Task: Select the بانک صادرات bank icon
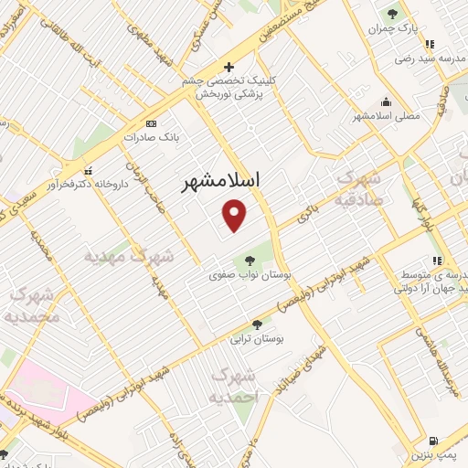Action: click(151, 123)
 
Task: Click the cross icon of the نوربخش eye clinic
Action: click(229, 67)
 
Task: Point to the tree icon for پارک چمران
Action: click(392, 13)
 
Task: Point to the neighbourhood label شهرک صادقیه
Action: click(357, 187)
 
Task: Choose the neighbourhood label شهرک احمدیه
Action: click(234, 386)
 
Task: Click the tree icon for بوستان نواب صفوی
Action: click(250, 261)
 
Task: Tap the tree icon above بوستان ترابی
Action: click(258, 324)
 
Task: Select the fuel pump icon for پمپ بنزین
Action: click(432, 440)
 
